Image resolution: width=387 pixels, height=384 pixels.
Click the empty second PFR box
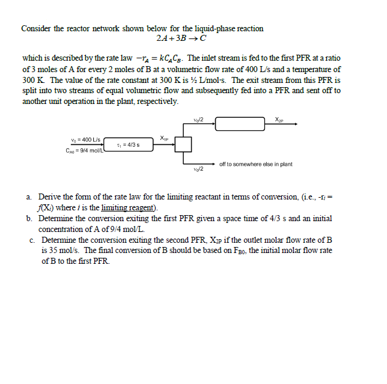click(240, 124)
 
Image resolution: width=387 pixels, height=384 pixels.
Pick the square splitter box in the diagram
click(183, 145)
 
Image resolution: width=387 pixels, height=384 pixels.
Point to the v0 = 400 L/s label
click(85, 139)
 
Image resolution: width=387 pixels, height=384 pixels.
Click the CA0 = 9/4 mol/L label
click(85, 150)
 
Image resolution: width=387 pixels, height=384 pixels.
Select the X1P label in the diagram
click(165, 138)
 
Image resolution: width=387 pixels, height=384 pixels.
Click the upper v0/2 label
click(199, 118)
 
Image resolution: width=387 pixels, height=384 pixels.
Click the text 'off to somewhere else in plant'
click(256, 163)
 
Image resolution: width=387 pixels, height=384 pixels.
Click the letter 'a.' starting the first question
click(29, 197)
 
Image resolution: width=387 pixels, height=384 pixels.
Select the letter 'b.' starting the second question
click(29, 219)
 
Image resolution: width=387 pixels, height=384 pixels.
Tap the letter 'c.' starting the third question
click(31, 240)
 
